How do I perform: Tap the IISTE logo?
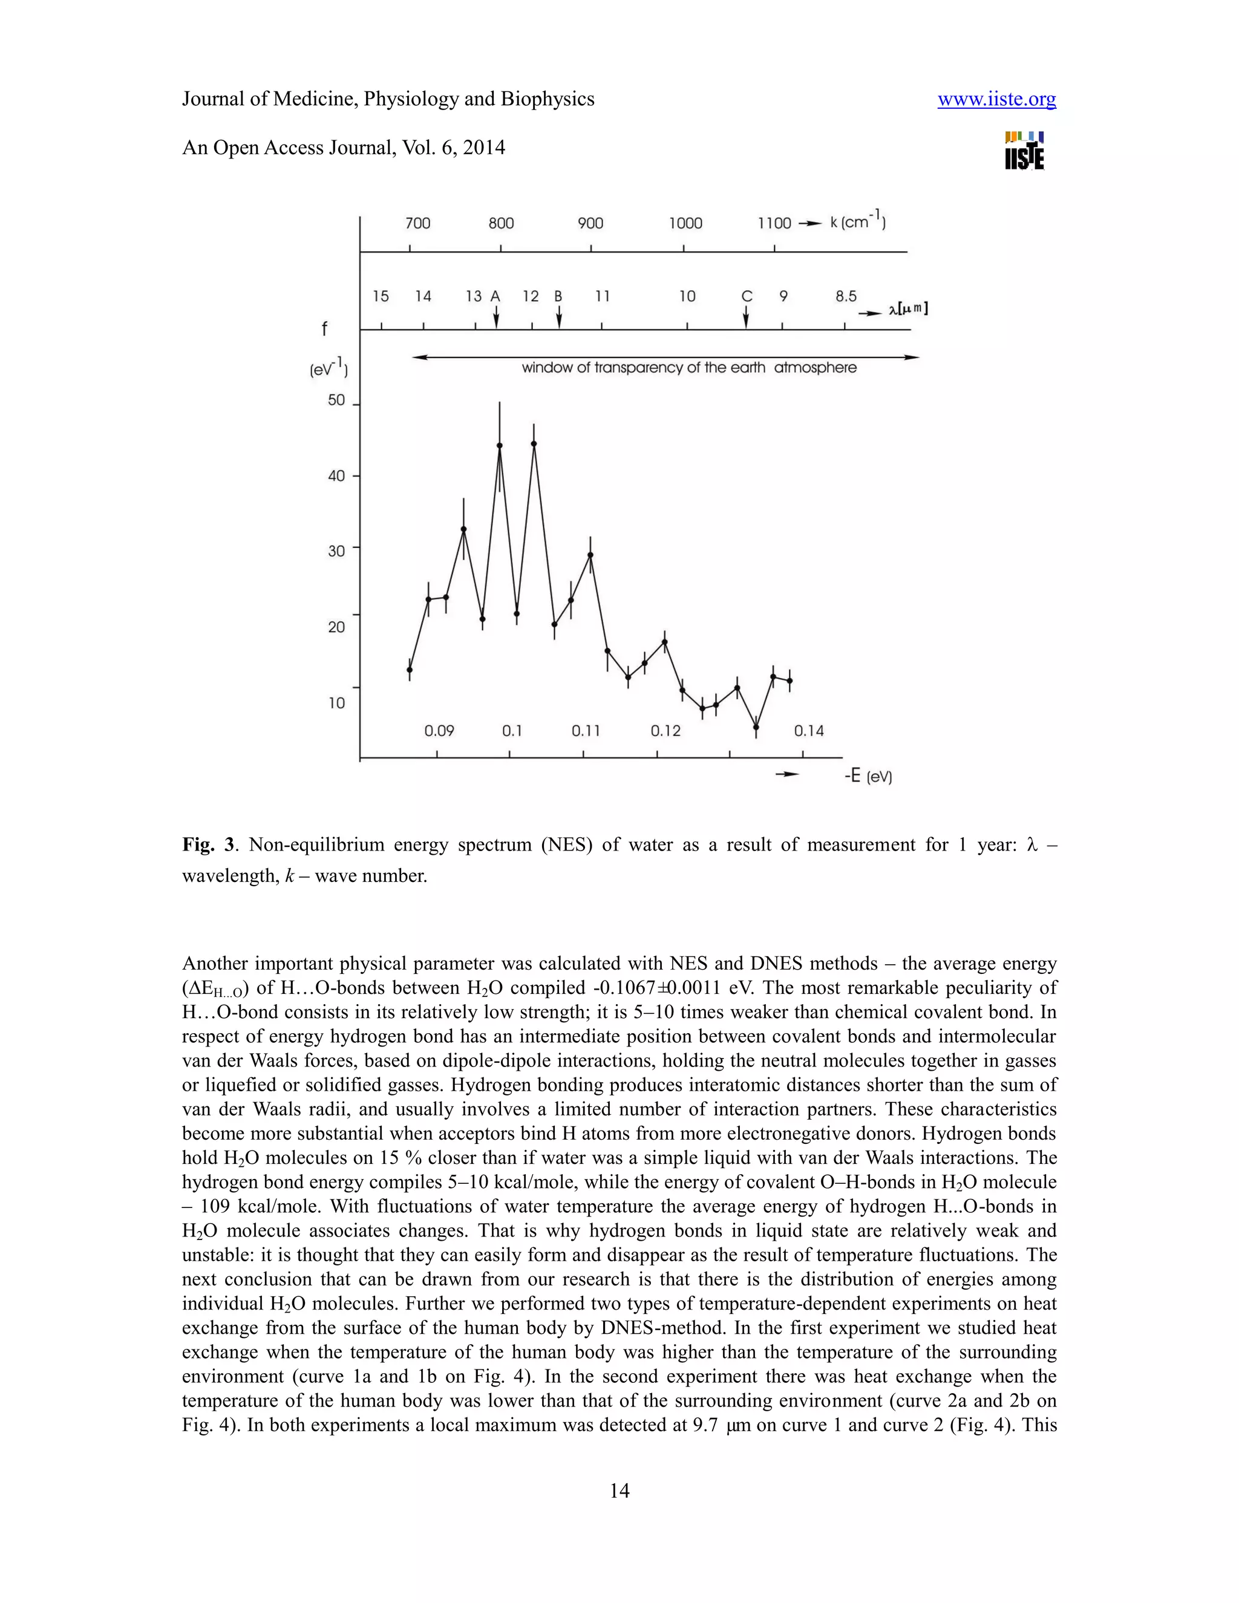coord(1025,151)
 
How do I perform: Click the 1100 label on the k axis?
coord(774,223)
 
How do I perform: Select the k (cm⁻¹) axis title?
coord(857,221)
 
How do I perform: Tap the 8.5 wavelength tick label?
coord(846,296)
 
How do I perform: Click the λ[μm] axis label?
coord(908,309)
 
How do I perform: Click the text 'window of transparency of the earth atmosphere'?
coord(688,368)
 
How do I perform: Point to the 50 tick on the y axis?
coord(336,400)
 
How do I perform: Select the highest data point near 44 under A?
coord(500,446)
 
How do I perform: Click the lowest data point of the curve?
coord(756,727)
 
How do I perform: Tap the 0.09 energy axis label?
coord(439,731)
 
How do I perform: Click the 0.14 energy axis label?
coord(809,731)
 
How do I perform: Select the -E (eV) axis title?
coord(868,776)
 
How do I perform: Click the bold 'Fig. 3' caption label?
coord(210,845)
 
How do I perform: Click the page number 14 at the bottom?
coord(619,1490)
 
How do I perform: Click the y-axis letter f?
coord(324,330)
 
